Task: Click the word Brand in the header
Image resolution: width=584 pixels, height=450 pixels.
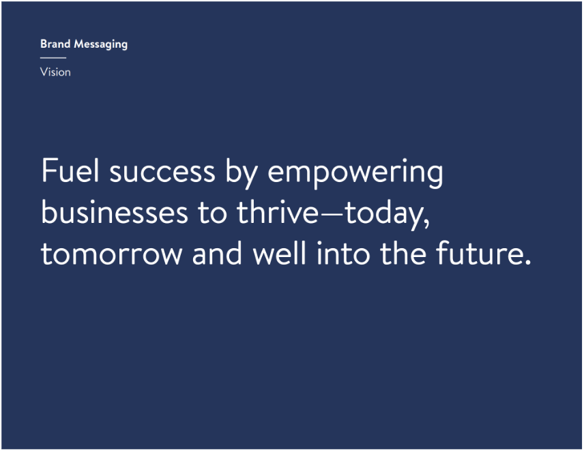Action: tap(55, 44)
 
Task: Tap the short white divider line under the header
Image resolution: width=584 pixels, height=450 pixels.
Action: tap(53, 58)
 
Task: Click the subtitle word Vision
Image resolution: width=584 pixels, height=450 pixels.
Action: tap(55, 72)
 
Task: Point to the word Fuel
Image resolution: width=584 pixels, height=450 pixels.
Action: tap(70, 170)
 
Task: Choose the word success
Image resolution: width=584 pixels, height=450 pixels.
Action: tap(162, 173)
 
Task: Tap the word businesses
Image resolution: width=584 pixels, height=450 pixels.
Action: tap(115, 211)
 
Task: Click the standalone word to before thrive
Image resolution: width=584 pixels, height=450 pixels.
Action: tap(212, 213)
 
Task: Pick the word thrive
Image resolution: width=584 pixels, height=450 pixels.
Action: tap(278, 211)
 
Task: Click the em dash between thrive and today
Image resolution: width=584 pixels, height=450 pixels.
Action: tap(332, 214)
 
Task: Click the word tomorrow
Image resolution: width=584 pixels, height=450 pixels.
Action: tap(111, 254)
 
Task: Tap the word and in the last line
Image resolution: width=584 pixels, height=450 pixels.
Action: tap(217, 252)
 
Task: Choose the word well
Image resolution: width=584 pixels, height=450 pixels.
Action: tap(279, 252)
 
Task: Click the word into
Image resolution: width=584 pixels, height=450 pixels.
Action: tap(343, 252)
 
